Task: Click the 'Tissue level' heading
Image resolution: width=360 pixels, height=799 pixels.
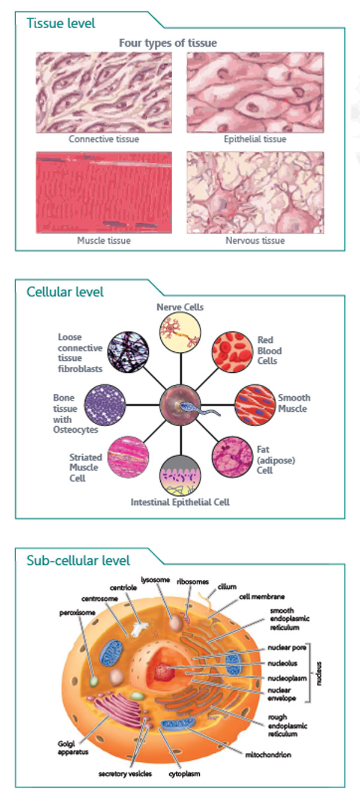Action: (x=61, y=23)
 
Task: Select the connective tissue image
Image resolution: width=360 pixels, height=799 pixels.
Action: (x=104, y=92)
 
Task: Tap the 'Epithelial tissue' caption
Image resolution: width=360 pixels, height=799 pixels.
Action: (x=255, y=139)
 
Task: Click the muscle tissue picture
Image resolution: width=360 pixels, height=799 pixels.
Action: (x=104, y=192)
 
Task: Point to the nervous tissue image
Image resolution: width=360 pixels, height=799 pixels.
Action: (x=255, y=192)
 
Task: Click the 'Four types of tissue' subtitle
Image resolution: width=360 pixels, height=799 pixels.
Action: (x=168, y=43)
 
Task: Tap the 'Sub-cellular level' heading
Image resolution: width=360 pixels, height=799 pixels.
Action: (x=78, y=561)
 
